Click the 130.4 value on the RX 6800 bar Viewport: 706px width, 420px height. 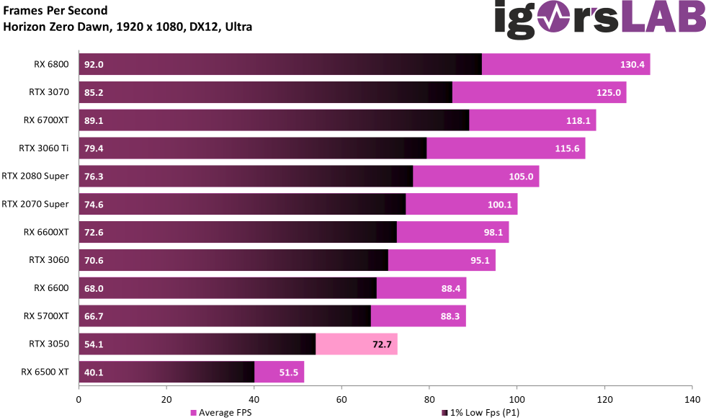coord(632,64)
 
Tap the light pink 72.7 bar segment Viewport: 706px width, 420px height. coord(357,344)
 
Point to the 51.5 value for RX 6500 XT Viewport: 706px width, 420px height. coord(287,372)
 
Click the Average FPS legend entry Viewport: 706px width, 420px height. coord(220,413)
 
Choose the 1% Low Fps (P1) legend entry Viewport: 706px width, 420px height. coord(481,413)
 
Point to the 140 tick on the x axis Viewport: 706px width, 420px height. coord(692,398)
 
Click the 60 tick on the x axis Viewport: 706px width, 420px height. coord(341,398)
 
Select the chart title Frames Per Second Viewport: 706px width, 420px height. coord(55,11)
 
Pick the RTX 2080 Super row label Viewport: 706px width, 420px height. coord(35,176)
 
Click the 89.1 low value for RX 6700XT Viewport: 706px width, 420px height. coord(94,120)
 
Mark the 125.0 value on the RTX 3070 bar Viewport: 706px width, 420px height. coord(609,92)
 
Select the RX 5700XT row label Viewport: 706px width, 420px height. coord(46,316)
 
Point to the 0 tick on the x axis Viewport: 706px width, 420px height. coord(79,398)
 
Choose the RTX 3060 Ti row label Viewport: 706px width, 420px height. coord(43,148)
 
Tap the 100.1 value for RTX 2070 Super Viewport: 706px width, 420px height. coord(499,205)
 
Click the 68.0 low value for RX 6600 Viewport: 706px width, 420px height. coord(94,288)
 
